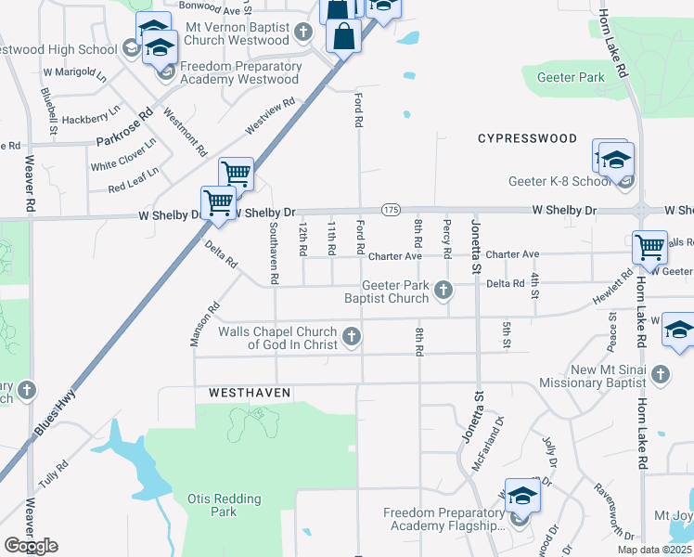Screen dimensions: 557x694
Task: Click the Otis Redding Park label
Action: click(x=224, y=505)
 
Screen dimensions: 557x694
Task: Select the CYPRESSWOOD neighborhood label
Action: click(x=527, y=138)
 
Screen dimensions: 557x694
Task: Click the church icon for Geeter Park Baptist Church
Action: click(x=443, y=291)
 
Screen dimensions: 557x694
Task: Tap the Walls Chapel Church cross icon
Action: click(x=351, y=337)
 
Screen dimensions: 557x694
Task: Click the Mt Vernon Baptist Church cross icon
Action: click(x=302, y=33)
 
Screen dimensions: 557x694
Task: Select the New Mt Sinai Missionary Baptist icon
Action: click(x=660, y=374)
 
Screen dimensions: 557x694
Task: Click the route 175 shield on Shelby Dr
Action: click(x=391, y=212)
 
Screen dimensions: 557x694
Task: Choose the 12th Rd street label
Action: click(x=302, y=240)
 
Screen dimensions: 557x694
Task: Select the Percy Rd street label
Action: click(x=447, y=239)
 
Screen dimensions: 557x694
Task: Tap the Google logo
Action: click(x=31, y=546)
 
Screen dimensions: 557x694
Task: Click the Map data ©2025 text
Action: click(x=654, y=550)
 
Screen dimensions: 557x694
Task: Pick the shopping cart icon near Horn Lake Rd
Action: click(x=649, y=247)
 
